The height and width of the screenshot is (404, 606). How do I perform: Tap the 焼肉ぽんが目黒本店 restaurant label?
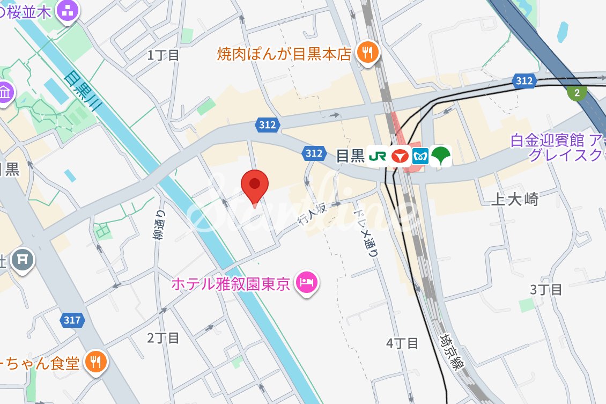284,54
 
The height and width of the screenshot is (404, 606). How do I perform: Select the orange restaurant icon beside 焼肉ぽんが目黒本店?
367,53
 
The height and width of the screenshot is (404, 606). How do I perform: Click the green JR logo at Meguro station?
378,156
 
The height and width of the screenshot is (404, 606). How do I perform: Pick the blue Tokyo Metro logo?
421,156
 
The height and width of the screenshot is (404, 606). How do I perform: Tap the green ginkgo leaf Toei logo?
442,156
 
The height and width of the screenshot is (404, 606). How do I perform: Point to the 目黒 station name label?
350,156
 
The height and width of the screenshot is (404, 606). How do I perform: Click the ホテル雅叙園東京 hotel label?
231,283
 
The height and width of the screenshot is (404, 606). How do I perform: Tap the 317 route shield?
72,320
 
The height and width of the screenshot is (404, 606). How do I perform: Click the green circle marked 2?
577,93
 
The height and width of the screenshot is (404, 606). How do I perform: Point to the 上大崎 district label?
514,200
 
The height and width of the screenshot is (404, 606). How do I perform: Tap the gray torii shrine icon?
22,260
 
